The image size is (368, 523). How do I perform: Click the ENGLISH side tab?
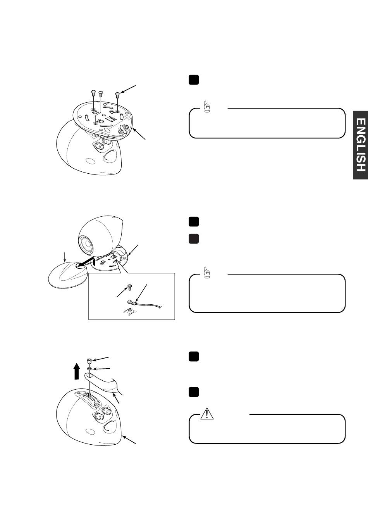(361, 145)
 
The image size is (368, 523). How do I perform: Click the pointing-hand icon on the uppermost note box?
(206, 107)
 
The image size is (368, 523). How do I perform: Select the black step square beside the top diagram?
(193, 79)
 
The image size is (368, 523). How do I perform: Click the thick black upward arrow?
(77, 372)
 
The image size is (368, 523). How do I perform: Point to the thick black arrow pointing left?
(85, 262)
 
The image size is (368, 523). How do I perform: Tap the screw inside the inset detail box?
(129, 287)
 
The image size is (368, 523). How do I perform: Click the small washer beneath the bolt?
(89, 369)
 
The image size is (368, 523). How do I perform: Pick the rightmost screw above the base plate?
(117, 95)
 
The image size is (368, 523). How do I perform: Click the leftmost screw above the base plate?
(93, 93)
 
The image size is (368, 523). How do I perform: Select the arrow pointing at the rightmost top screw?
(127, 90)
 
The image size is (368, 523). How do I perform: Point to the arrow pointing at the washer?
(101, 369)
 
